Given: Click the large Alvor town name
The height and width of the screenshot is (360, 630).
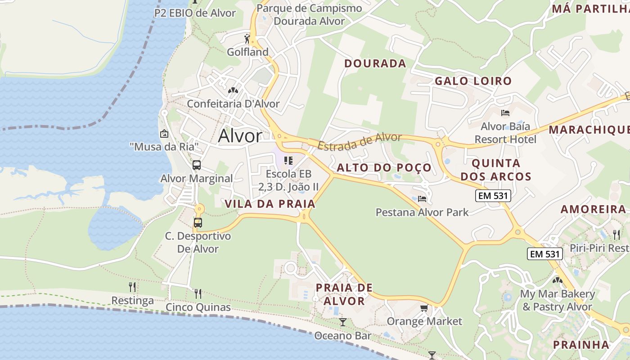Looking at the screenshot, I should point(240,136).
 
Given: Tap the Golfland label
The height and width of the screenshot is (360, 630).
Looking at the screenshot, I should point(247,52).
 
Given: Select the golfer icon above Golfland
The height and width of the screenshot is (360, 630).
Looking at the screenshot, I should point(247,39).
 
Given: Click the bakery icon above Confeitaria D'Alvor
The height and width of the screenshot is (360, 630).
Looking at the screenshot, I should point(233,90).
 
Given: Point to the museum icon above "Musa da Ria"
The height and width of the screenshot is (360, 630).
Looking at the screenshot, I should point(164,134).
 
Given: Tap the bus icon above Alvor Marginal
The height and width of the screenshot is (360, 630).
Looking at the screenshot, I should point(197,165).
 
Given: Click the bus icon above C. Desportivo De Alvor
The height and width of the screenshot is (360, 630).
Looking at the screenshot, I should point(198,222).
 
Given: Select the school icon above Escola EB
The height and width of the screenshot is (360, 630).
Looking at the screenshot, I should point(288,161).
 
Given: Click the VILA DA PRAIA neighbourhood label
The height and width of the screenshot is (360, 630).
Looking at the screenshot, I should point(270,204).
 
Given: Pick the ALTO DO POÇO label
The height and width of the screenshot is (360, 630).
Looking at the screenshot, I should point(384,168).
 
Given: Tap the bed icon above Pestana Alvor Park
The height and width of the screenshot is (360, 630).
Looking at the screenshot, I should point(422,198).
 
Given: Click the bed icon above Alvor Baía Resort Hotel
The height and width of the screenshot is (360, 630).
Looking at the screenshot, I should point(505,112).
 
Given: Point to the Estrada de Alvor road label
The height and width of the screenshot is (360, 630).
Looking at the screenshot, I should point(359,141).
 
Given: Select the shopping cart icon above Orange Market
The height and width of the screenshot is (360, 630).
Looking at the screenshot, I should point(424,308).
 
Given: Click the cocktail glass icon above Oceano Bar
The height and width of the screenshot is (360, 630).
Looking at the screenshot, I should point(342,322).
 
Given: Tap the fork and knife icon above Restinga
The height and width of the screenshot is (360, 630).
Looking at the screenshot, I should point(132,287).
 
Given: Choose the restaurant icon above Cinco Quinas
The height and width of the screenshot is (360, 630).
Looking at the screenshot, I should point(198,294).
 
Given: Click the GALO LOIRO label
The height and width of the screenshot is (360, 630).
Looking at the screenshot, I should point(473,81).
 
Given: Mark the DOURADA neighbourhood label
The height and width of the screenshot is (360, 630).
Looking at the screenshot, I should point(375,63).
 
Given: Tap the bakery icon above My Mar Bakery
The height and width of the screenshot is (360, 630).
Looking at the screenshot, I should point(558,280).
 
